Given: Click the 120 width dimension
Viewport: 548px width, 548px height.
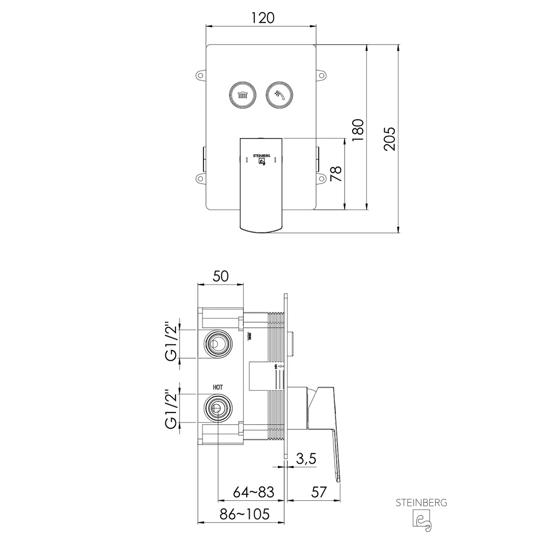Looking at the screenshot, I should tap(262, 18).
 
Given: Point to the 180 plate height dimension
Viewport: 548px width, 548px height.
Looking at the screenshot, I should tap(358, 130).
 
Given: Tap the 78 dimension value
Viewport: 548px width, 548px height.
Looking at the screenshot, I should tap(335, 174).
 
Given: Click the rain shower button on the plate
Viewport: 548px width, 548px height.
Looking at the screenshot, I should tap(243, 94).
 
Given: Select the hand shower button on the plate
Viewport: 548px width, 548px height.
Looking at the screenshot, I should tap(279, 94).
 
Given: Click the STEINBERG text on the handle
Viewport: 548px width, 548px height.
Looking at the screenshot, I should tap(261, 156).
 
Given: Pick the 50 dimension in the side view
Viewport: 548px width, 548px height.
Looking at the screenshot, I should tap(220, 276).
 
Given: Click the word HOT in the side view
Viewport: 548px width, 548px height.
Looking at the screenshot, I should tap(217, 387).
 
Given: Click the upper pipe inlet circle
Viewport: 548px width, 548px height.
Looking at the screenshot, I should tap(217, 344).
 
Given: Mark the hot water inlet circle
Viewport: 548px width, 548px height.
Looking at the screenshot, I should tap(217, 408).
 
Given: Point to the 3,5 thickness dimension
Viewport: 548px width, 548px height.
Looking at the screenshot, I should tap(305, 459).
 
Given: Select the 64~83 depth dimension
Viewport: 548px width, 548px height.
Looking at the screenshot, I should tap(253, 492).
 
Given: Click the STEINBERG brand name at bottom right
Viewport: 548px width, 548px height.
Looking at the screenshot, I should tap(421, 503).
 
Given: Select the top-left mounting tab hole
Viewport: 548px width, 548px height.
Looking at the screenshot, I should tap(200, 76).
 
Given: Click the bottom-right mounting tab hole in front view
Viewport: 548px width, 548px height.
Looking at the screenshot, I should tap(321, 178).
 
